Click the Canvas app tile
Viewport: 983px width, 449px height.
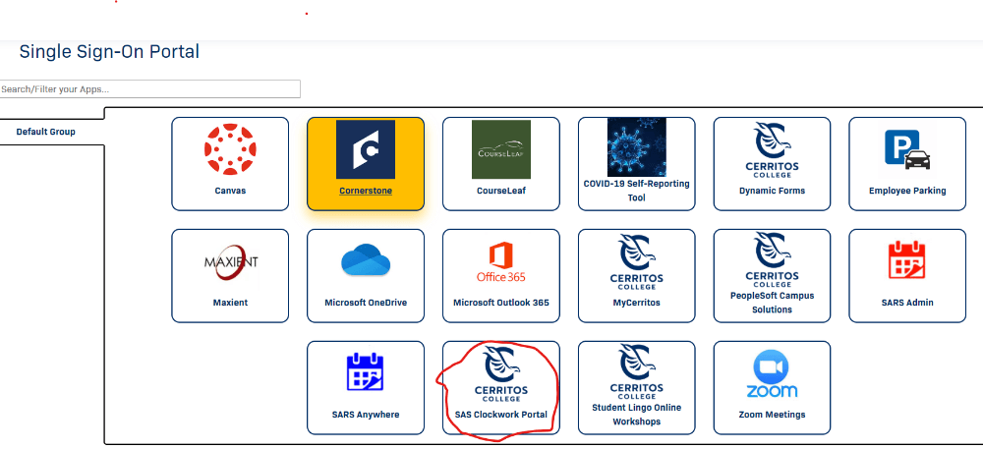pyautogui.click(x=230, y=164)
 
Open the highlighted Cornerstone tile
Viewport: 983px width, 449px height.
pyautogui.click(x=366, y=164)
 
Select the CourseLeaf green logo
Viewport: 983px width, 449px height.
pyautogui.click(x=501, y=149)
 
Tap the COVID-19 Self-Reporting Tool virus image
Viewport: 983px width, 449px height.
pyautogui.click(x=636, y=147)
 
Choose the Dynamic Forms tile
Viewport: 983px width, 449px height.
pyautogui.click(x=772, y=164)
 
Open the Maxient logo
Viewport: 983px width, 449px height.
pyautogui.click(x=231, y=261)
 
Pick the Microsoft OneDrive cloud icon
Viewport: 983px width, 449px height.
pyautogui.click(x=366, y=259)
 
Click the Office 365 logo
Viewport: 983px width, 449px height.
pyautogui.click(x=501, y=262)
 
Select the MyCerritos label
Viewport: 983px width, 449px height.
pyautogui.click(x=636, y=303)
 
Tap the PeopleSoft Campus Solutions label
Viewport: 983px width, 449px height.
pyautogui.click(x=772, y=303)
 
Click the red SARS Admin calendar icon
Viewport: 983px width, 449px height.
pyautogui.click(x=907, y=260)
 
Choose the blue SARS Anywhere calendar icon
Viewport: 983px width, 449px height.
pyautogui.click(x=365, y=372)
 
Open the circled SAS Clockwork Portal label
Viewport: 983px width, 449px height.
pyautogui.click(x=501, y=415)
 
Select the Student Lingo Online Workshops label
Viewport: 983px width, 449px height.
pyautogui.click(x=636, y=415)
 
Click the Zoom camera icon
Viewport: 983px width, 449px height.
pyautogui.click(x=771, y=366)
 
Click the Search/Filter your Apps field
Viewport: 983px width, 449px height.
pyautogui.click(x=149, y=89)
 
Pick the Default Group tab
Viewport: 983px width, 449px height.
pyautogui.click(x=46, y=132)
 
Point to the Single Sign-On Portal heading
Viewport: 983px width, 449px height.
pyautogui.click(x=109, y=51)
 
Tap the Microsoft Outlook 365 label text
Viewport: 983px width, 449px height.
pyautogui.click(x=501, y=303)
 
